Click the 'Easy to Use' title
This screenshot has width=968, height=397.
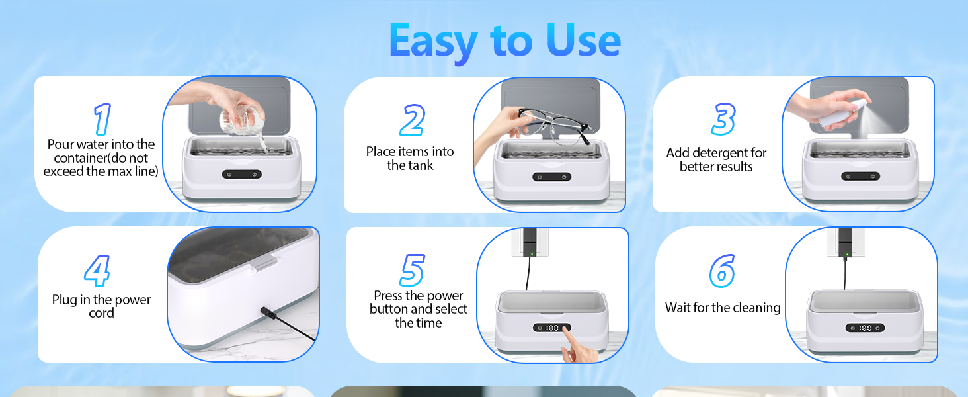pyautogui.click(x=504, y=41)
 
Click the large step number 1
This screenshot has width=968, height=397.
pyautogui.click(x=101, y=120)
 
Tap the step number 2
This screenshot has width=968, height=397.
pyautogui.click(x=411, y=121)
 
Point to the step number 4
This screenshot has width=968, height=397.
pyautogui.click(x=97, y=271)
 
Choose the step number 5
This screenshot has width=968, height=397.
pyautogui.click(x=412, y=271)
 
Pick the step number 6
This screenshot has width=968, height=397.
pyautogui.click(x=722, y=271)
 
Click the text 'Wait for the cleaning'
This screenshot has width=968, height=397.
pyautogui.click(x=723, y=308)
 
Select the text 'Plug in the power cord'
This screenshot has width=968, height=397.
pyautogui.click(x=101, y=306)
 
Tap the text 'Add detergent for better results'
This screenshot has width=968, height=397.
pyautogui.click(x=716, y=159)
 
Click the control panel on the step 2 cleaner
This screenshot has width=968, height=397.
pyautogui.click(x=551, y=177)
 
